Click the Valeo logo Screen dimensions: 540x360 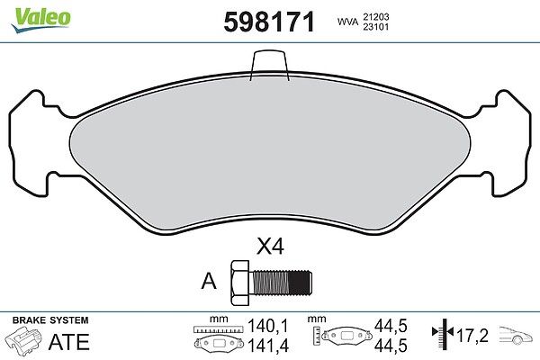[x=41, y=20]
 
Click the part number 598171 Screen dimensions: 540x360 [x=269, y=22]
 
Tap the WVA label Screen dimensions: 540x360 [x=347, y=22]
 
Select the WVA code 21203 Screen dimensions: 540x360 [x=376, y=16]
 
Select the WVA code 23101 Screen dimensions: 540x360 [x=376, y=27]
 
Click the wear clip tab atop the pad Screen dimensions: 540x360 [x=269, y=65]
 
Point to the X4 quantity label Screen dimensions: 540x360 [x=270, y=247]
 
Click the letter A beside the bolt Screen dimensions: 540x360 [x=209, y=282]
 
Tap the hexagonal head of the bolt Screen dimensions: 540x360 [x=239, y=283]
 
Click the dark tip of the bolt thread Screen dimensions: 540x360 [x=301, y=283]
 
